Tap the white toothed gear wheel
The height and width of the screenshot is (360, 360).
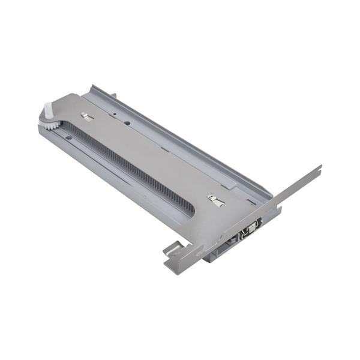click(x=51, y=125)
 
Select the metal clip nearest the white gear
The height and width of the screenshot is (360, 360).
click(x=88, y=118)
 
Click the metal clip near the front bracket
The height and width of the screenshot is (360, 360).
click(x=217, y=200)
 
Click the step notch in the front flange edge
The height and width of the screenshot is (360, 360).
click(x=279, y=207)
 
